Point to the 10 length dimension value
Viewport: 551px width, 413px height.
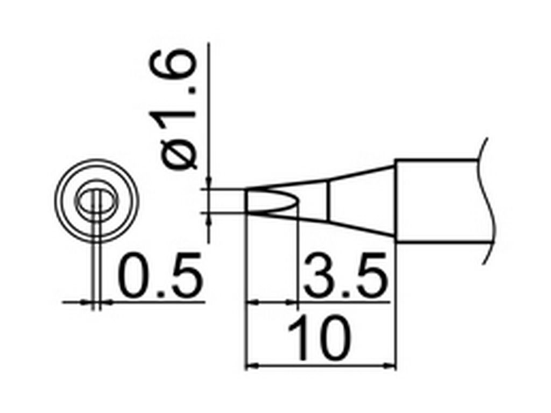coord(320,338)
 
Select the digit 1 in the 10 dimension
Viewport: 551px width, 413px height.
coord(299,338)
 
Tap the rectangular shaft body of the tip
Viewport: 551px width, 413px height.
coord(439,201)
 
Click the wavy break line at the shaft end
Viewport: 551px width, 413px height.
coord(489,201)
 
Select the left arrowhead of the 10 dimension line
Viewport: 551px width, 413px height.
coord(251,366)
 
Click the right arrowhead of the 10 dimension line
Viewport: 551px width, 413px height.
coord(390,366)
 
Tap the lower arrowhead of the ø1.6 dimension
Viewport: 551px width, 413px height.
coord(209,219)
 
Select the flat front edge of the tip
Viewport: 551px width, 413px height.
coord(247,201)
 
